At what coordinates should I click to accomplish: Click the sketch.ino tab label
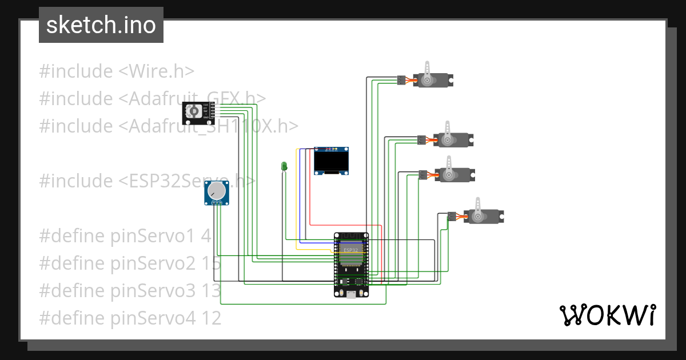tap(101, 25)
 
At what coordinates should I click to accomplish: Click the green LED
tap(284, 166)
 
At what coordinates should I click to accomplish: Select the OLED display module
tap(332, 161)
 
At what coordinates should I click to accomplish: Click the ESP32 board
tap(351, 264)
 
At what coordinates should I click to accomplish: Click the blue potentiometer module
tap(217, 193)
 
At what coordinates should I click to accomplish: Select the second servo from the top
tap(452, 139)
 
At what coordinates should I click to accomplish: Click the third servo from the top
tap(454, 174)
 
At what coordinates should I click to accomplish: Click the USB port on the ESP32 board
tap(350, 294)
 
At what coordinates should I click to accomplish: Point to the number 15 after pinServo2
tap(211, 263)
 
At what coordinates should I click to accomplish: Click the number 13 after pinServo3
tap(211, 291)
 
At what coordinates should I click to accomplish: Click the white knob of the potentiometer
tap(216, 190)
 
